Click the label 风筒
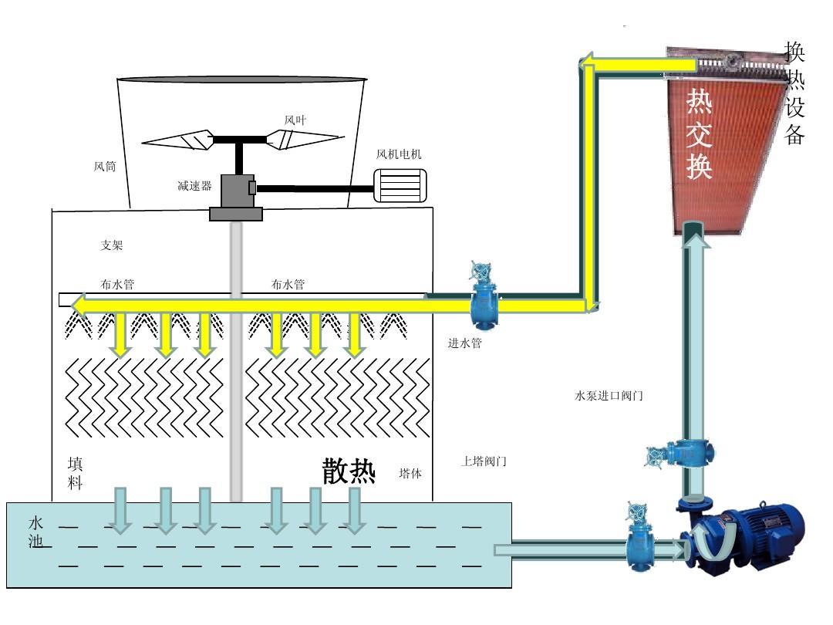pos(105,167)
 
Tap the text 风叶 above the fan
pos(295,120)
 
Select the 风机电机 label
pos(399,154)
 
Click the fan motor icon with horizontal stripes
pos(400,186)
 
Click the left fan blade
pos(178,140)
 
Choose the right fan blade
pos(304,139)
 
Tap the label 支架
pos(111,245)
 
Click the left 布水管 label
pos(117,285)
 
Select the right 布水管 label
pos(288,285)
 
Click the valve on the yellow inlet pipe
pos(484,297)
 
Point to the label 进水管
pos(464,343)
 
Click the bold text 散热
pos(349,471)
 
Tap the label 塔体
pos(410,473)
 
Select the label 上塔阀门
pos(484,461)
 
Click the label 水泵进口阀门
pos(609,396)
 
